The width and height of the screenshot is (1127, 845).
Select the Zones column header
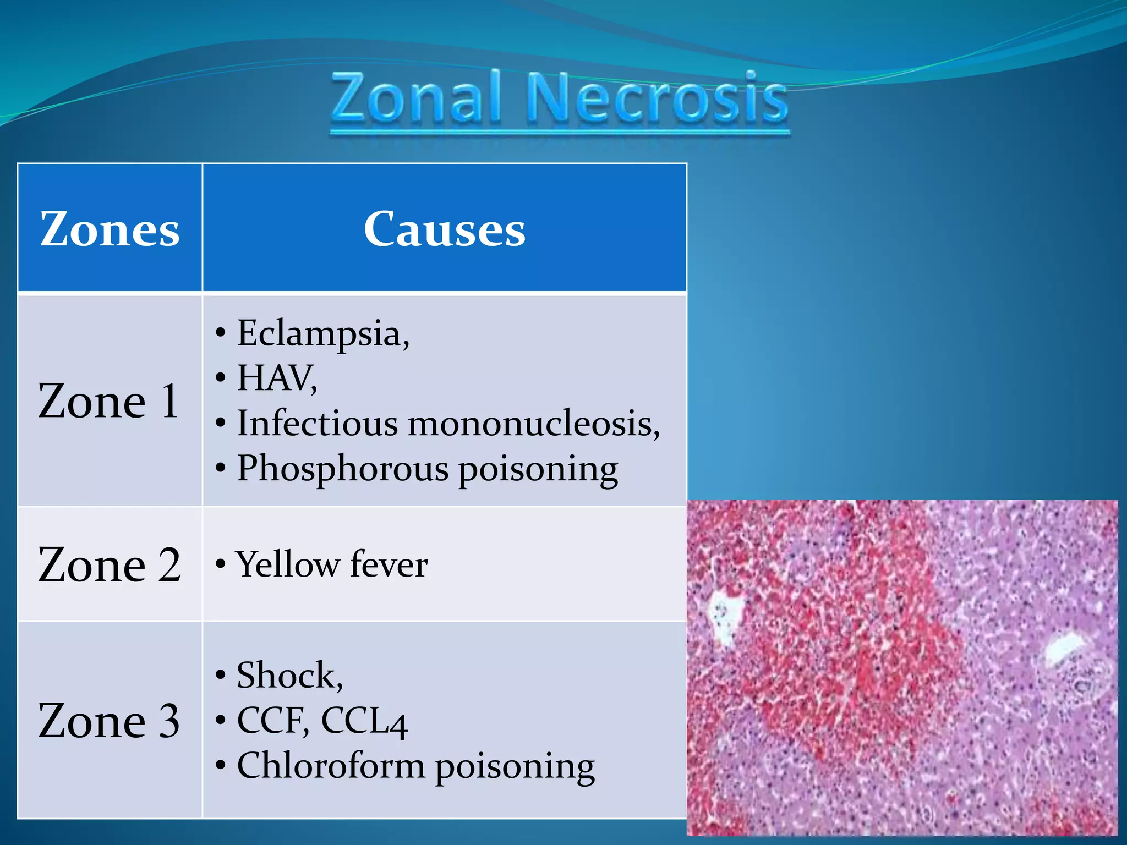tap(110, 229)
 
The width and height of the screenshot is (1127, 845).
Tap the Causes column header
tap(444, 229)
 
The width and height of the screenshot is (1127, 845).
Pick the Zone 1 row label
tap(108, 401)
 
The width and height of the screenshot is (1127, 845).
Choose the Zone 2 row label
tap(110, 565)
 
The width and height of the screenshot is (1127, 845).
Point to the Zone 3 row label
tap(109, 721)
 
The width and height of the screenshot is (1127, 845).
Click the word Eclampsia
tap(323, 334)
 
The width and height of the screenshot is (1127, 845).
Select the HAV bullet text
tap(277, 378)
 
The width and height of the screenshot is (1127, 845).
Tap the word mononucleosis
tap(533, 424)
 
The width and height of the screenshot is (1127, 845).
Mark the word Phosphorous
tap(343, 469)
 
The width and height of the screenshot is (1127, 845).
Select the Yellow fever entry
tap(332, 564)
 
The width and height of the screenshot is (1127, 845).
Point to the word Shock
tap(289, 676)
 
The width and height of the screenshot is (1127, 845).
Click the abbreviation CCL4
tap(364, 721)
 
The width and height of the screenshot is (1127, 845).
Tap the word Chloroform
tap(331, 766)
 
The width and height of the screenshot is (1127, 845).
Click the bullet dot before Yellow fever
tap(221, 564)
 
